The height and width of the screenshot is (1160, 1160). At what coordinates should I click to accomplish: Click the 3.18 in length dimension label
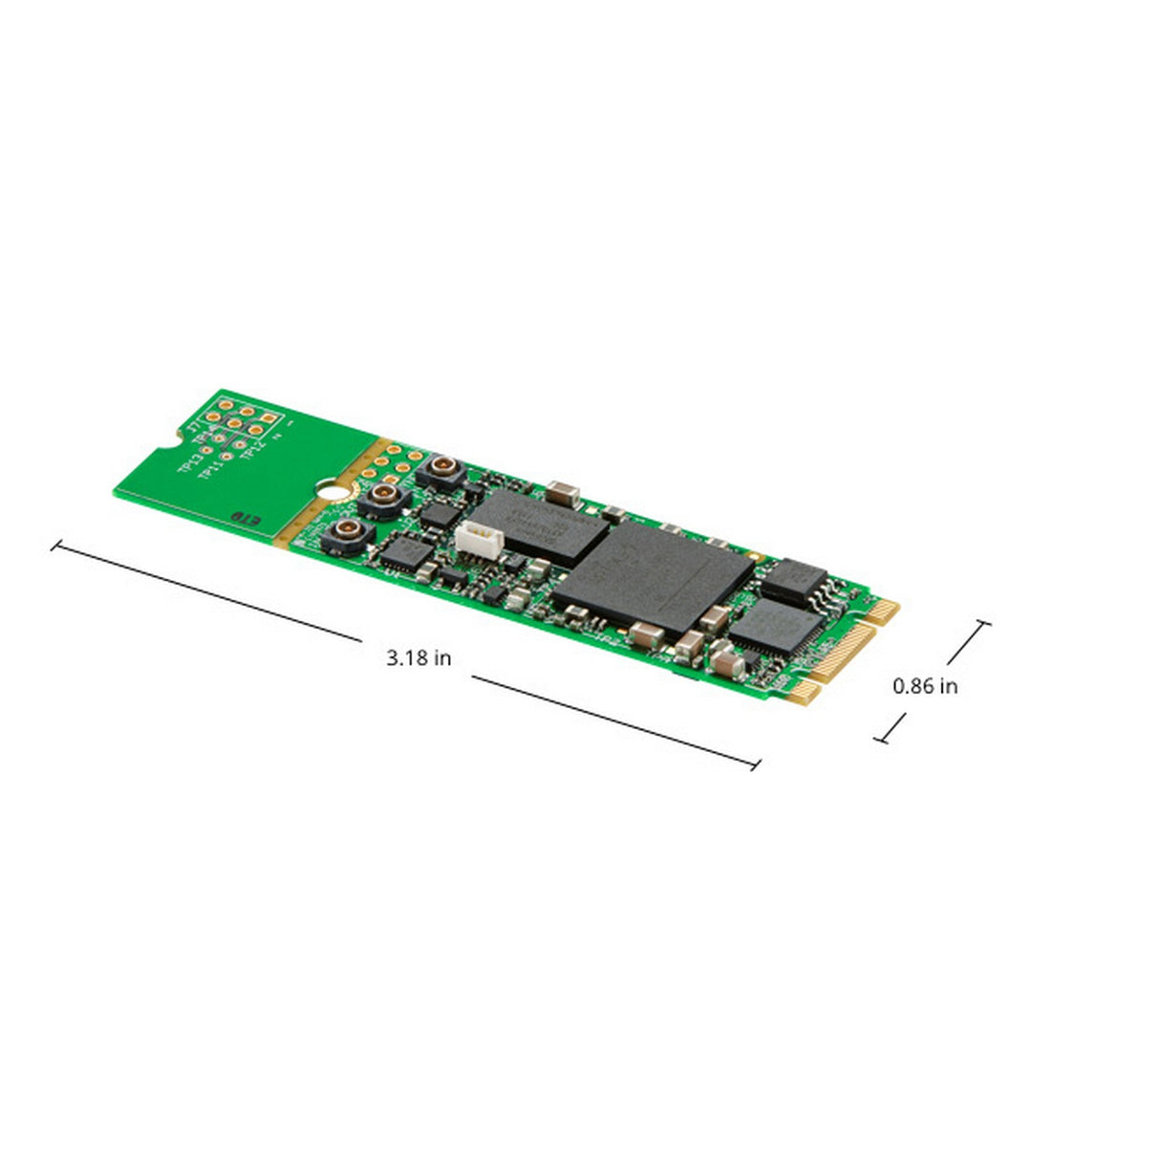pos(419,657)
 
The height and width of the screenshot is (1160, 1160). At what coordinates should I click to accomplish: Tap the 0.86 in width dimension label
pos(925,685)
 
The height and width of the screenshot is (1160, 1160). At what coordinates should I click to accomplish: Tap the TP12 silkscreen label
pos(252,448)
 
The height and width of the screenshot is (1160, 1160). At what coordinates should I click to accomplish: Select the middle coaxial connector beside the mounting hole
pos(386,494)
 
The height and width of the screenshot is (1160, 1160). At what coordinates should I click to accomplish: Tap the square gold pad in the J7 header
pos(269,419)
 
